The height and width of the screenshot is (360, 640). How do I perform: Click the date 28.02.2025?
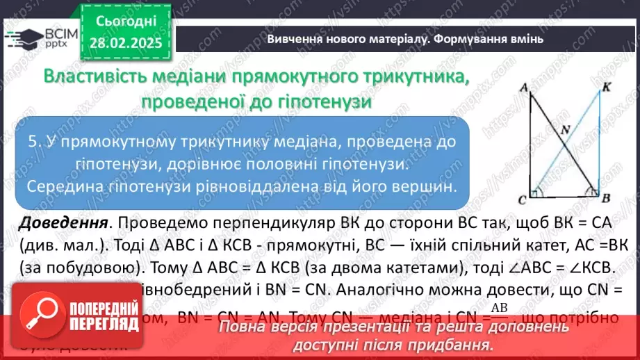pyautogui.click(x=126, y=43)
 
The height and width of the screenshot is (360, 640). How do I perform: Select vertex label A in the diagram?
pyautogui.click(x=521, y=87)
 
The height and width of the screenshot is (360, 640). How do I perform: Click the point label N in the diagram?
pyautogui.click(x=564, y=129)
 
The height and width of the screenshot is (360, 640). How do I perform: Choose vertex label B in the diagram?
pyautogui.click(x=605, y=199)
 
